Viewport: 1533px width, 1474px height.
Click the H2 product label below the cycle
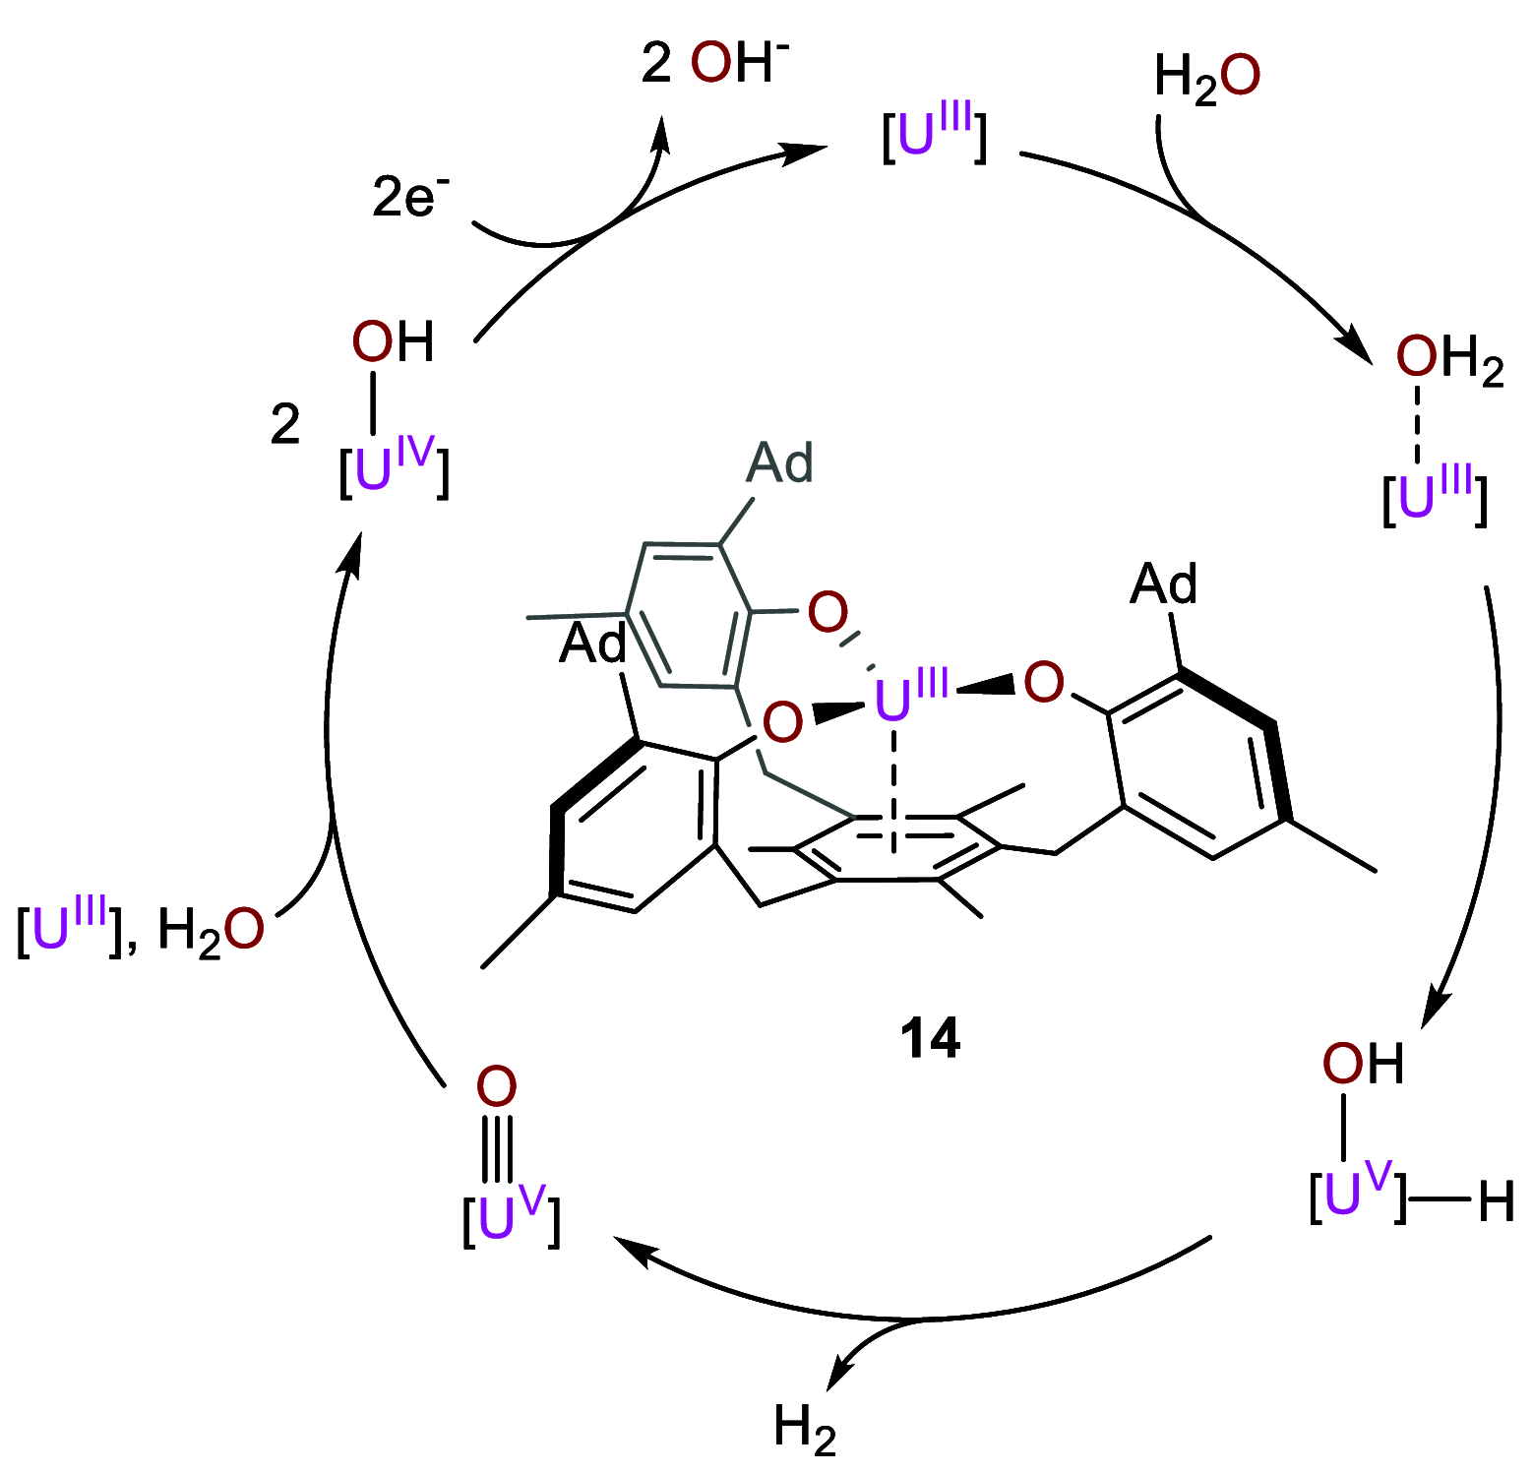(805, 1429)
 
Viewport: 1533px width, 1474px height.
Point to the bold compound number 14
(930, 1037)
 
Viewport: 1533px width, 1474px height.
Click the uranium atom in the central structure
(893, 701)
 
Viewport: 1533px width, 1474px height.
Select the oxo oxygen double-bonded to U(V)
(496, 1086)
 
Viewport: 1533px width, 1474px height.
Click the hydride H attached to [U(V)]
(1496, 1202)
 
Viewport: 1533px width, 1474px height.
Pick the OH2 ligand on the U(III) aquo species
(1449, 359)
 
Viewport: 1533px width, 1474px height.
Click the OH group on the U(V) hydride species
(1362, 1064)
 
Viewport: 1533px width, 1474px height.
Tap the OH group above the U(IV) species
(393, 342)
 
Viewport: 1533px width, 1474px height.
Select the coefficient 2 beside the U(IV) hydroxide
(285, 425)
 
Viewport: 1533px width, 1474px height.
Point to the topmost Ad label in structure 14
(780, 462)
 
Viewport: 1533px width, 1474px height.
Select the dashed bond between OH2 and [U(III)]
(1417, 425)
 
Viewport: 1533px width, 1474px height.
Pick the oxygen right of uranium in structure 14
(1044, 682)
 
